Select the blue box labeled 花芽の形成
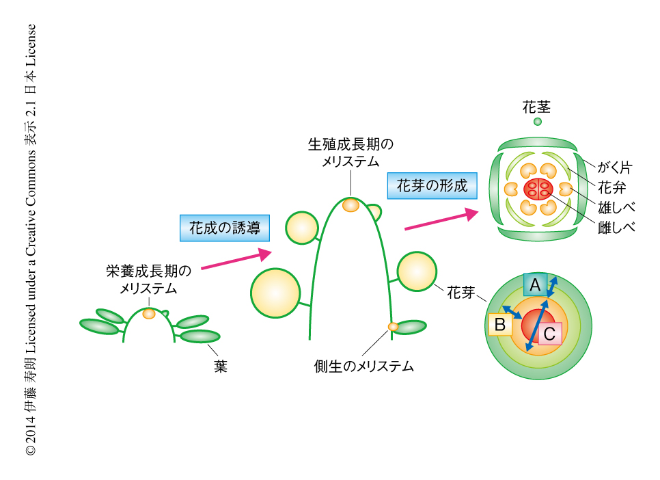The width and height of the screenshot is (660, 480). coord(432,185)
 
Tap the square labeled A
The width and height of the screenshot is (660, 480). coord(536,284)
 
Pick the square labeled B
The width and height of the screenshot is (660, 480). coord(499,325)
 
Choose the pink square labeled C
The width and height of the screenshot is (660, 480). coord(550,334)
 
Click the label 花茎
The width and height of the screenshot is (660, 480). coord(537,107)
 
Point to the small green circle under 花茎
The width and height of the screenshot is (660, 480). coord(538,122)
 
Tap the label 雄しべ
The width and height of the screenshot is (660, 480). coord(616,207)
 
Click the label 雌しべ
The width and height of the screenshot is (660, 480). coord(616,227)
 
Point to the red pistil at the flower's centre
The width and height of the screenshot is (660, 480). coord(538,189)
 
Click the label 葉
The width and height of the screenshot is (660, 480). coord(220,366)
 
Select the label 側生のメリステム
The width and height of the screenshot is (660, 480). coord(360,366)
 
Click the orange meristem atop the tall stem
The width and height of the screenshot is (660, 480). coord(350,204)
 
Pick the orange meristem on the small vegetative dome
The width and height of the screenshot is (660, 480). coord(149,314)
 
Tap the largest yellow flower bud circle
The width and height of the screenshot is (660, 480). coord(275,293)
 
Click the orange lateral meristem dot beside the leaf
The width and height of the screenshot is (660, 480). coord(393,326)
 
